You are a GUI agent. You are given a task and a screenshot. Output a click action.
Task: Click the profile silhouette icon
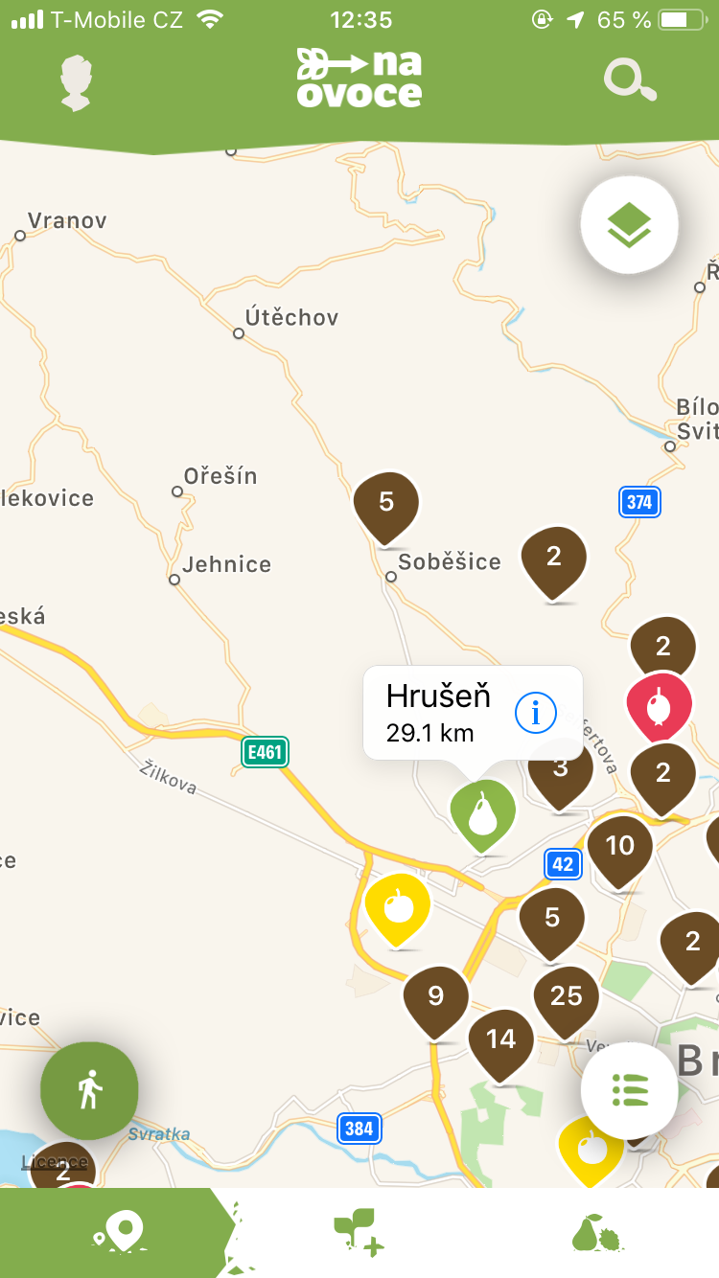(76, 82)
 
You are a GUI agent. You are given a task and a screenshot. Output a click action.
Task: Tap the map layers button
(629, 225)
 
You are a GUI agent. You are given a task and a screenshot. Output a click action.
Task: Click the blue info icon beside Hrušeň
(536, 712)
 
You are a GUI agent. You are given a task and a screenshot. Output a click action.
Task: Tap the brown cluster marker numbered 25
(566, 998)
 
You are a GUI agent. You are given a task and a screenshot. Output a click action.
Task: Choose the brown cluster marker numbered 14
(500, 1041)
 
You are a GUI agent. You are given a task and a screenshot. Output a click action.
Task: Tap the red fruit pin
(659, 706)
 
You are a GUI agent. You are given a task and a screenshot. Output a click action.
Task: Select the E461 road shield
(265, 752)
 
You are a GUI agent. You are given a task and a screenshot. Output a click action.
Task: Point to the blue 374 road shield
(639, 501)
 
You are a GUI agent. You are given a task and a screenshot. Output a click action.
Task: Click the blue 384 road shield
(359, 1128)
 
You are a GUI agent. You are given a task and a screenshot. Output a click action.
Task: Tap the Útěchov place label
(291, 317)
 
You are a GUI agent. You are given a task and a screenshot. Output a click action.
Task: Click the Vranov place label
(66, 220)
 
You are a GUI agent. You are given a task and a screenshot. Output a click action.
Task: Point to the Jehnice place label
(226, 564)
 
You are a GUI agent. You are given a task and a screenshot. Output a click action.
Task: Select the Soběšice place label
(449, 562)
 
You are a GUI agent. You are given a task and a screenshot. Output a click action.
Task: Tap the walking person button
(89, 1090)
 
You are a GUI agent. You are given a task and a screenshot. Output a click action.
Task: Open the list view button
(629, 1090)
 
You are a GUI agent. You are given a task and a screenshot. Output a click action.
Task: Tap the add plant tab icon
(359, 1233)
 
